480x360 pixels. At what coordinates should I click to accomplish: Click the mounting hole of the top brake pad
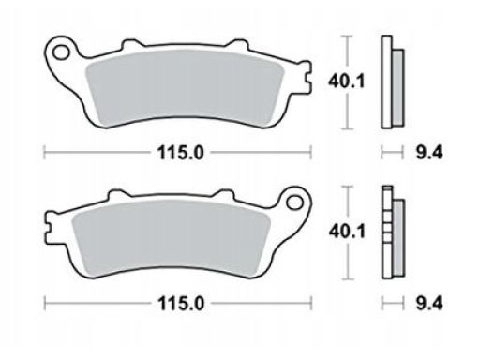62,52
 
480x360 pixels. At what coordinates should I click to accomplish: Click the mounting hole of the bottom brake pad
294,202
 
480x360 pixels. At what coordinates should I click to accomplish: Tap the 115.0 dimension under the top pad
181,153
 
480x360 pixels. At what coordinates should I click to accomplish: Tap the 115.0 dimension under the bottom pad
181,303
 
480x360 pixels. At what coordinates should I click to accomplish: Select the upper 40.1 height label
346,82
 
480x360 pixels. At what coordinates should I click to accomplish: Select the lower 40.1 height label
347,232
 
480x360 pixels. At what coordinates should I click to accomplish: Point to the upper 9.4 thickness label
429,153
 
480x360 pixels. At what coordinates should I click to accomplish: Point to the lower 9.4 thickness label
429,303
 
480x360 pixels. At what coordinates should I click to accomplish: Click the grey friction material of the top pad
185,87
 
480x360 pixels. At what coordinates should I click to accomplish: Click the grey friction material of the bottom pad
171,237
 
